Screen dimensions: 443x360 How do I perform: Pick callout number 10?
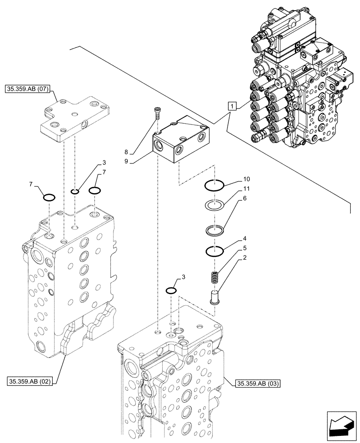[247, 179]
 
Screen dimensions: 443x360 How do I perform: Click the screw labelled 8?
[157, 114]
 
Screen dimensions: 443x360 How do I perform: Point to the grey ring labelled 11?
[215, 206]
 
